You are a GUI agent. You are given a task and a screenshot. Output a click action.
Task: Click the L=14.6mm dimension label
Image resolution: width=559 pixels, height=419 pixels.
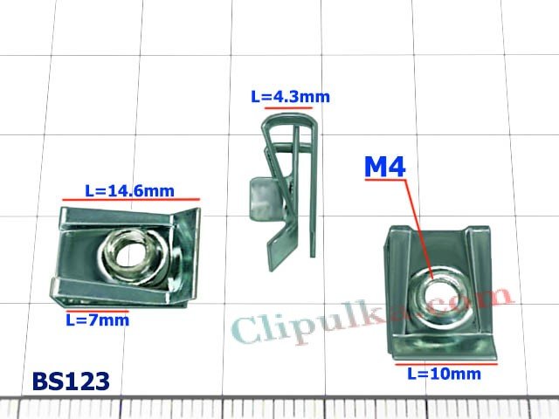coord(129,191)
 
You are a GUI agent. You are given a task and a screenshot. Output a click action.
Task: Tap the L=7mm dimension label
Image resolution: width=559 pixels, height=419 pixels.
coord(98,320)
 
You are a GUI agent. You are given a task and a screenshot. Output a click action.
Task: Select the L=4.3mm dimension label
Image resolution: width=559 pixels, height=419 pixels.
coord(291,97)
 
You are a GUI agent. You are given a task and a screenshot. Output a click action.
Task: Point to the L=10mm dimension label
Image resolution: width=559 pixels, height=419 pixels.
coord(445,374)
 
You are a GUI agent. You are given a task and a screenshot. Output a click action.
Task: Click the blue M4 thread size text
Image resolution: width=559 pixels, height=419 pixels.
coord(385,167)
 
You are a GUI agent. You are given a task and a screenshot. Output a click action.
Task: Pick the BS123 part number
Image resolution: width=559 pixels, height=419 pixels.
coord(71,381)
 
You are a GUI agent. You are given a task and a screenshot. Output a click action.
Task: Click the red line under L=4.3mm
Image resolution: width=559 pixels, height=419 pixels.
coord(288,107)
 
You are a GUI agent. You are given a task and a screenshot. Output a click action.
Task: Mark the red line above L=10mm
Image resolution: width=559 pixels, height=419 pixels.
coord(446,364)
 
